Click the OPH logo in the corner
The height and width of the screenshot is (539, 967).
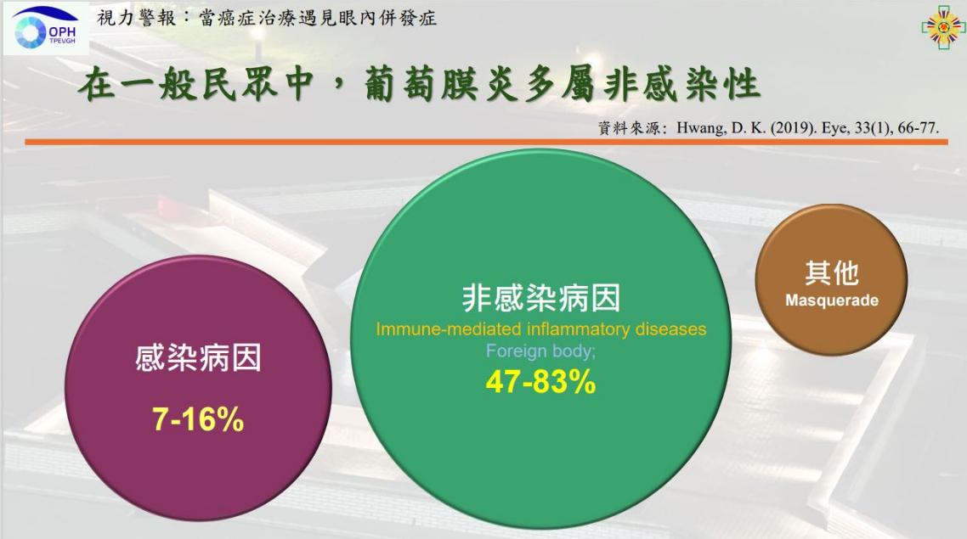46,28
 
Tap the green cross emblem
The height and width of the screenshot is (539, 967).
943,27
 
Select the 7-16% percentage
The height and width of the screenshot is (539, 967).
198,419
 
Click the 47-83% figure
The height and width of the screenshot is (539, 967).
540,381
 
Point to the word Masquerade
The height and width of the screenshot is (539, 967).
831,300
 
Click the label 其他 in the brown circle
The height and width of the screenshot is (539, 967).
831,272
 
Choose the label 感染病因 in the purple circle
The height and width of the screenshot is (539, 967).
198,358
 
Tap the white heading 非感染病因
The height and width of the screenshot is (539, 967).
540,298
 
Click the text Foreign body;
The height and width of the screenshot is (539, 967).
540,351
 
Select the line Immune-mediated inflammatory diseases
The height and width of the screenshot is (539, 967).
540,329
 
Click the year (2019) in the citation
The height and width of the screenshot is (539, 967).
793,128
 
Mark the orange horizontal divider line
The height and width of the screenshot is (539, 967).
486,143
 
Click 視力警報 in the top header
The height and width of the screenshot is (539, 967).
136,18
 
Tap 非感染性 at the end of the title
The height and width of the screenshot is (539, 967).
682,84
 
